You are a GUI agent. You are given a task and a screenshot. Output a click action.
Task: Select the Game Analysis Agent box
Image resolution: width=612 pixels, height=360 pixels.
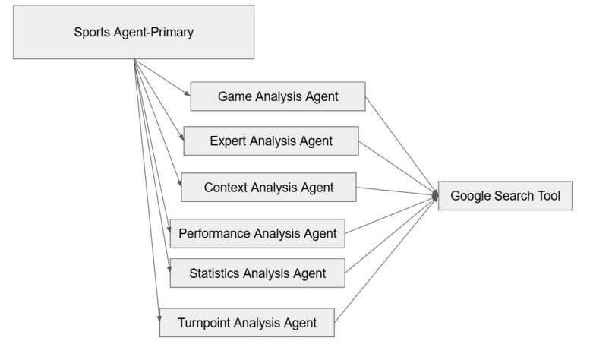(277, 97)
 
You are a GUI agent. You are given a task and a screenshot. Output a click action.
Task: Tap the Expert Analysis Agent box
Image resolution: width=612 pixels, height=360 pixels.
(271, 141)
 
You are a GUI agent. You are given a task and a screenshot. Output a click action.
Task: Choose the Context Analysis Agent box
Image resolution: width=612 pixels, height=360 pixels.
(269, 187)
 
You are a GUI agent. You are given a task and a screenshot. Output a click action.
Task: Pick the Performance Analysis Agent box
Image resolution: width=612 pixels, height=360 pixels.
(257, 233)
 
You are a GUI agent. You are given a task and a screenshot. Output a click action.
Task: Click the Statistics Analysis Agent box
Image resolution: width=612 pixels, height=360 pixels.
(257, 273)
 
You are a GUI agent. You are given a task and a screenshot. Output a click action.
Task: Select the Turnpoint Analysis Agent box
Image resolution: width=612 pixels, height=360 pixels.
(247, 321)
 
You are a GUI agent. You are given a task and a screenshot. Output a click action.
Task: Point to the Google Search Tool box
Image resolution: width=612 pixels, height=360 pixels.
(505, 196)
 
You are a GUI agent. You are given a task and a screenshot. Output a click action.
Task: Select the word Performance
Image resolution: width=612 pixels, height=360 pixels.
(214, 233)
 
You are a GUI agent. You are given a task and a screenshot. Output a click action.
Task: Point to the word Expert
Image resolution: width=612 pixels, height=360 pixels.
(229, 141)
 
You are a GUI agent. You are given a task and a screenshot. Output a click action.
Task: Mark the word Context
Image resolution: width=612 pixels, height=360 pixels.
(226, 187)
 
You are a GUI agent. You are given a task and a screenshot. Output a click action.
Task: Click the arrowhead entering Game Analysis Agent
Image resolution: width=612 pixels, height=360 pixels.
(187, 94)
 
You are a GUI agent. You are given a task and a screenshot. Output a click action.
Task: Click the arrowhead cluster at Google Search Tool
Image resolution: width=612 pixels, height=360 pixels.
(436, 196)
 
